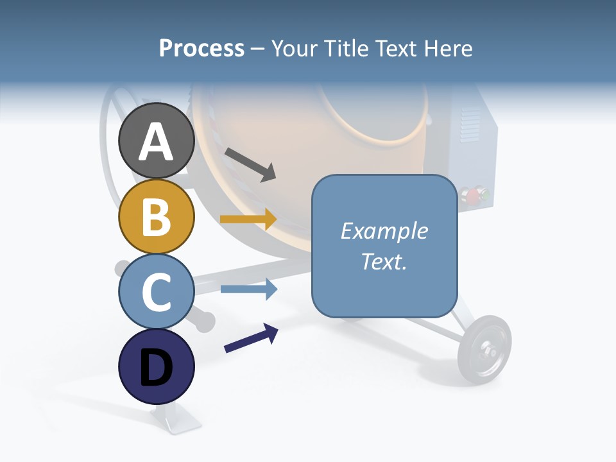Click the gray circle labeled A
tap(156, 141)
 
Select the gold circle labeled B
tap(156, 216)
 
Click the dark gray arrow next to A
tap(250, 164)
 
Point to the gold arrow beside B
tap(248, 219)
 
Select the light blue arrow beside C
tap(248, 289)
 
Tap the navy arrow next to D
tap(251, 338)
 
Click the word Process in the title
tap(201, 48)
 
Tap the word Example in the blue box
tap(384, 231)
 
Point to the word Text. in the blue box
tap(384, 261)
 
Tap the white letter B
tap(156, 217)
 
